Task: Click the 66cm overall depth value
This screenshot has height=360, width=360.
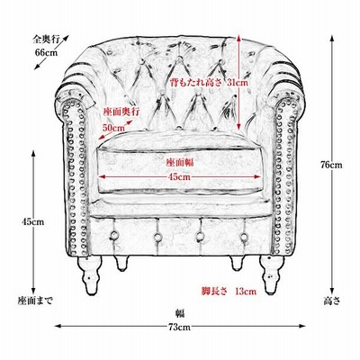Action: coord(46,52)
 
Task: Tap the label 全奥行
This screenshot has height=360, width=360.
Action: coord(46,39)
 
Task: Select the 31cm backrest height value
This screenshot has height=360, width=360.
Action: coord(238,82)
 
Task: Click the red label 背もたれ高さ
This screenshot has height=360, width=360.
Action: coord(195,82)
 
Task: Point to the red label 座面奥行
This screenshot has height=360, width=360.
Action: coord(121,112)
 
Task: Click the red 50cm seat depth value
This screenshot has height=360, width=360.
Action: coord(113,128)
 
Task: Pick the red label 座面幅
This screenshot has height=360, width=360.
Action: coord(180,163)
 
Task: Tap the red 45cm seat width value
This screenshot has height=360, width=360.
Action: coord(179,176)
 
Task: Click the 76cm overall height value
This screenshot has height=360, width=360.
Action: coord(331,165)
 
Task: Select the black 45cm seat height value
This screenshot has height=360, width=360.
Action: coord(33,221)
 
